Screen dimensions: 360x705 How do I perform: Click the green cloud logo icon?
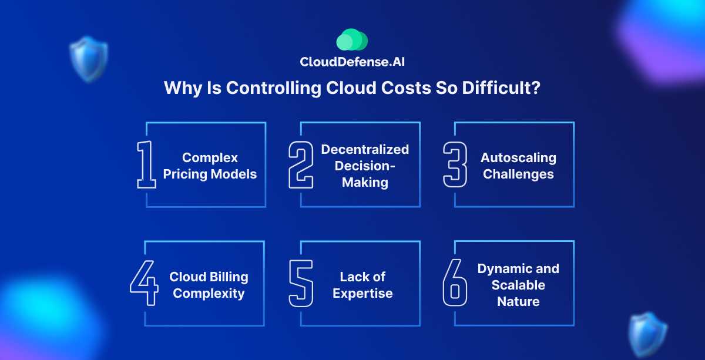tap(352, 41)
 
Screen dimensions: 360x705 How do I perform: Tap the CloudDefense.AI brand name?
tap(352, 62)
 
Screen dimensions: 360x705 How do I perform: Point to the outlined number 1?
tap(146, 165)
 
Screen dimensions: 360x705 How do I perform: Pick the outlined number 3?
tap(455, 165)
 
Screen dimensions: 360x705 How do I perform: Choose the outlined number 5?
tap(300, 284)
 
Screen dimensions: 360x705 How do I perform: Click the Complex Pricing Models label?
tap(210, 166)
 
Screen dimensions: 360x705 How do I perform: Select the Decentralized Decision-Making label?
tap(365, 166)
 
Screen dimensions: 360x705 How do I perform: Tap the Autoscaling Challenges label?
tap(518, 166)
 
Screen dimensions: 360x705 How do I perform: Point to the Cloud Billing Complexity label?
tap(209, 285)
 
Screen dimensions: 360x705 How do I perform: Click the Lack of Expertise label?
tap(362, 285)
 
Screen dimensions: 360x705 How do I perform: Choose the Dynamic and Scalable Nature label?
tap(518, 285)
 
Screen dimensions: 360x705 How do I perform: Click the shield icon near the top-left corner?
tap(88, 59)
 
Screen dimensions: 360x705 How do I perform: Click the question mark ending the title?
tap(536, 88)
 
